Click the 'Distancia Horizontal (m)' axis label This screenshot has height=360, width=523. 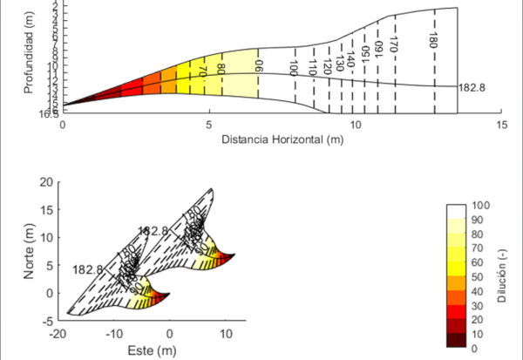pyautogui.click(x=281, y=139)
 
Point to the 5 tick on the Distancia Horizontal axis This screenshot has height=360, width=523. pyautogui.click(x=208, y=125)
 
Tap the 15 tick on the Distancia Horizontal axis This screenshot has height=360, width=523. pyautogui.click(x=501, y=125)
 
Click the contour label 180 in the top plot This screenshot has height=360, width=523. pyautogui.click(x=433, y=39)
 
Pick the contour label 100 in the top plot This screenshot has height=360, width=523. pyautogui.click(x=295, y=81)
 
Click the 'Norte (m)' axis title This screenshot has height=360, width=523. pyautogui.click(x=30, y=251)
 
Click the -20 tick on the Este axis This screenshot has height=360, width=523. pyautogui.click(x=58, y=334)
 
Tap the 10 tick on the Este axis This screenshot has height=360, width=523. pyautogui.click(x=226, y=334)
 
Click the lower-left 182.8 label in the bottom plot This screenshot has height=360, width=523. pyautogui.click(x=88, y=269)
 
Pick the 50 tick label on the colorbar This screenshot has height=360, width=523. pyautogui.click(x=477, y=275)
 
